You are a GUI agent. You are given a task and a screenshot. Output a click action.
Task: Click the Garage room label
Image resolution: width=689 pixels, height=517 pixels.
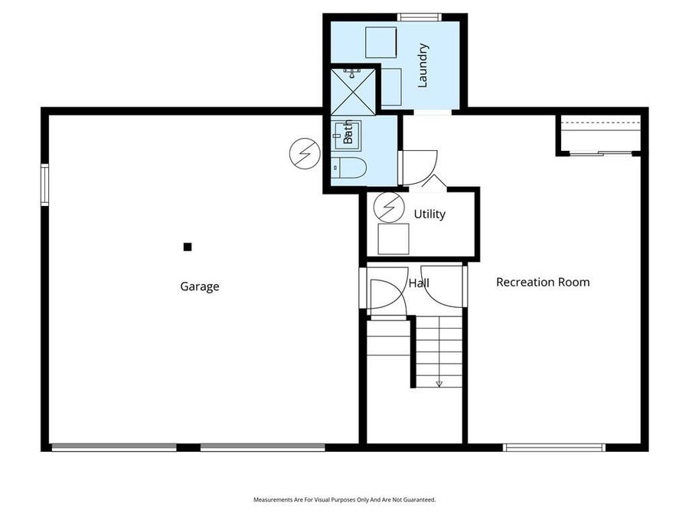pyautogui.click(x=200, y=286)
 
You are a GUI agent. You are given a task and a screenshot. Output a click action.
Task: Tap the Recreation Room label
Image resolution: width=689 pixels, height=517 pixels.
pyautogui.click(x=543, y=282)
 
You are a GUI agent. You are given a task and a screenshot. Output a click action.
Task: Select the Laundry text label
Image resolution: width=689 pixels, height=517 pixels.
pyautogui.click(x=423, y=65)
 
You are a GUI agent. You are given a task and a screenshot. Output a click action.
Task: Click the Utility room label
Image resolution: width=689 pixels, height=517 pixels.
pyautogui.click(x=429, y=214)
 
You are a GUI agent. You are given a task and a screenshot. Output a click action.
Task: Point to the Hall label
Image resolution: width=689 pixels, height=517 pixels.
pyautogui.click(x=419, y=283)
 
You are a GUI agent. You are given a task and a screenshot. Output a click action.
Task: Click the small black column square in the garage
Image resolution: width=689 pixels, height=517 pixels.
pyautogui.click(x=187, y=247)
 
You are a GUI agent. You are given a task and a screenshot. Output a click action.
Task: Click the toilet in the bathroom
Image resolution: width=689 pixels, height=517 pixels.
pyautogui.click(x=349, y=167)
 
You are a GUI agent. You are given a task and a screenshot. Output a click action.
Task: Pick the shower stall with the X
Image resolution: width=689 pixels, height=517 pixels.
pyautogui.click(x=354, y=90)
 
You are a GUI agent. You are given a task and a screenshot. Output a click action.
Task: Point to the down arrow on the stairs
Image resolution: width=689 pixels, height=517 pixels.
pyautogui.click(x=439, y=383)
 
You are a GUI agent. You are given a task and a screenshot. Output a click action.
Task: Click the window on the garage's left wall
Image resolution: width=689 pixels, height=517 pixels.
pyautogui.click(x=44, y=185)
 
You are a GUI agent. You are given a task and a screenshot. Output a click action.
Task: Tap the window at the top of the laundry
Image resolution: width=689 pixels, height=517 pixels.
pyautogui.click(x=420, y=17)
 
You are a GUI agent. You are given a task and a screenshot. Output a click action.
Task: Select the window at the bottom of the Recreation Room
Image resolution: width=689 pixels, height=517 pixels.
pyautogui.click(x=553, y=447)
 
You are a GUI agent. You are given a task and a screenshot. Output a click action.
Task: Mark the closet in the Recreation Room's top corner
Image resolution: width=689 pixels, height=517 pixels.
pyautogui.click(x=599, y=135)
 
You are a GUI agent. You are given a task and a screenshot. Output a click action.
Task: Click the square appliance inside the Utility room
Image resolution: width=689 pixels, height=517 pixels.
pyautogui.click(x=393, y=239)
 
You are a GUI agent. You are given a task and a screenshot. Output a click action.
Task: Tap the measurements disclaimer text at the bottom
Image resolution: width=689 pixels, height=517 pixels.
pyautogui.click(x=344, y=499)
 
